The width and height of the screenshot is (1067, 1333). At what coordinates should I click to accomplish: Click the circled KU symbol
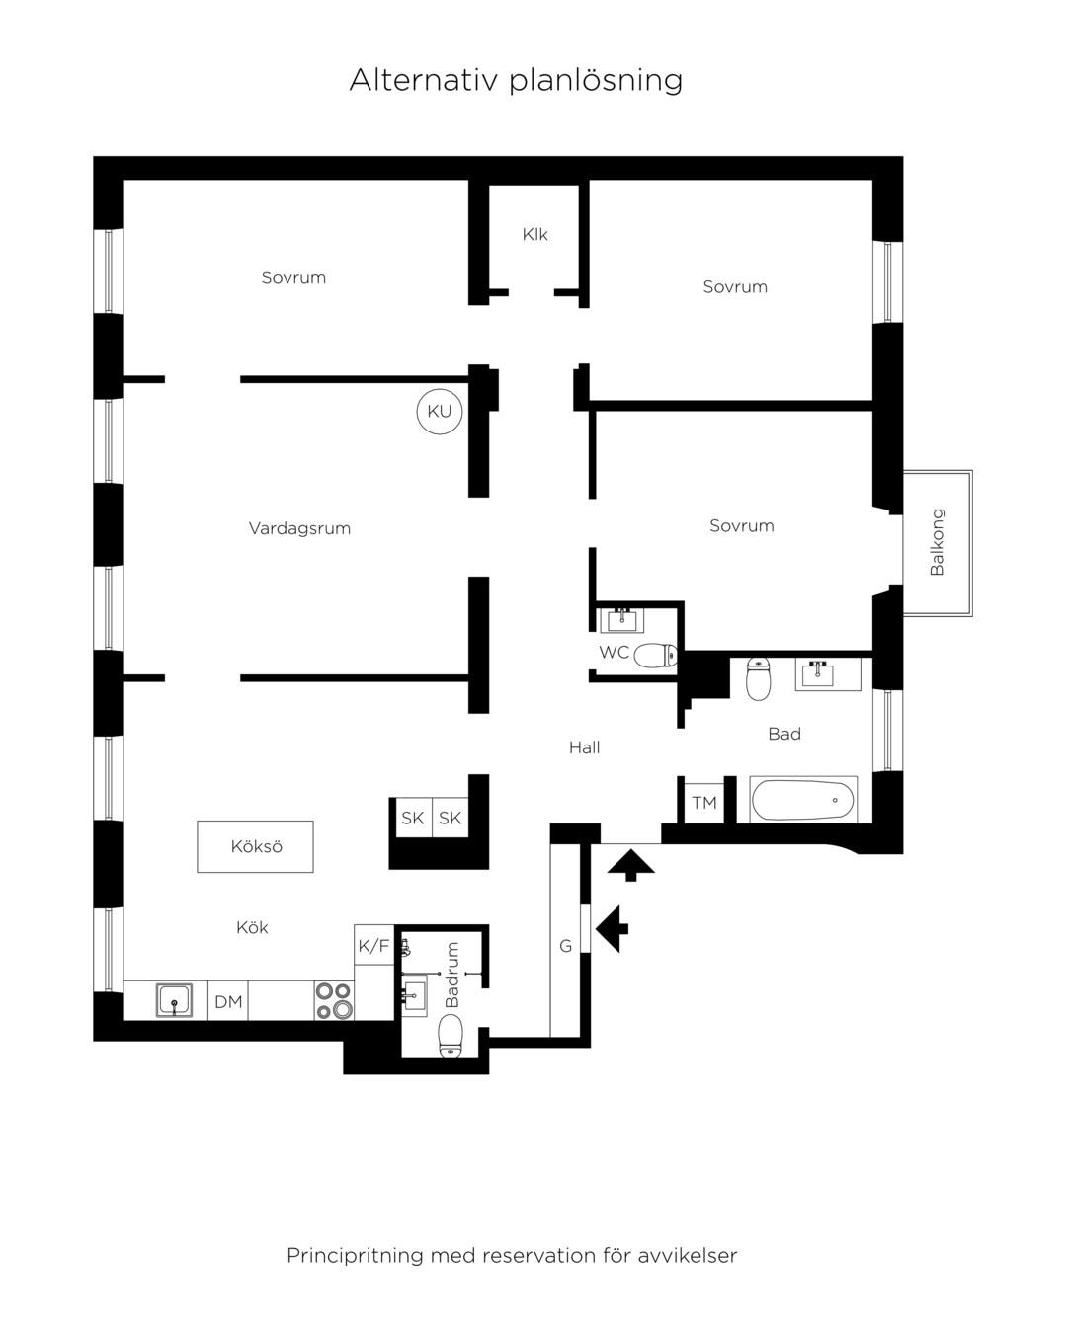click(439, 412)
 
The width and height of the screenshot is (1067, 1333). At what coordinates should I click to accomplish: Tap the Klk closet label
click(534, 234)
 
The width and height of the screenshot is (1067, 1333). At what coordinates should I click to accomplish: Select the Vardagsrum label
click(299, 528)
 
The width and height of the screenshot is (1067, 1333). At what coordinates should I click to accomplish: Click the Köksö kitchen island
click(255, 847)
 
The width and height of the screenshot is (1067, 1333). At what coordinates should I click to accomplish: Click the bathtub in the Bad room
click(803, 800)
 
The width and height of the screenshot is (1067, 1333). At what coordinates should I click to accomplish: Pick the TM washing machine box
click(703, 804)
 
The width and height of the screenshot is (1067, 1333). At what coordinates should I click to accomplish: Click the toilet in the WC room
click(655, 655)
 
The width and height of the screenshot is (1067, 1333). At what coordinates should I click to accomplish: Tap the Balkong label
click(937, 542)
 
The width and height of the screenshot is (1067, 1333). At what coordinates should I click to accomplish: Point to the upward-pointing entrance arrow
click(630, 865)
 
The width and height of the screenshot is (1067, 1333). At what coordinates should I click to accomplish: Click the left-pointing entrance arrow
click(612, 928)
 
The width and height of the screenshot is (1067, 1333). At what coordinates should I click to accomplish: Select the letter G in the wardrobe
click(565, 946)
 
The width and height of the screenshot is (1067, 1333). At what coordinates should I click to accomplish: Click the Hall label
click(584, 747)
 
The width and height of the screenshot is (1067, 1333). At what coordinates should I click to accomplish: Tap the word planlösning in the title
click(596, 81)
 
